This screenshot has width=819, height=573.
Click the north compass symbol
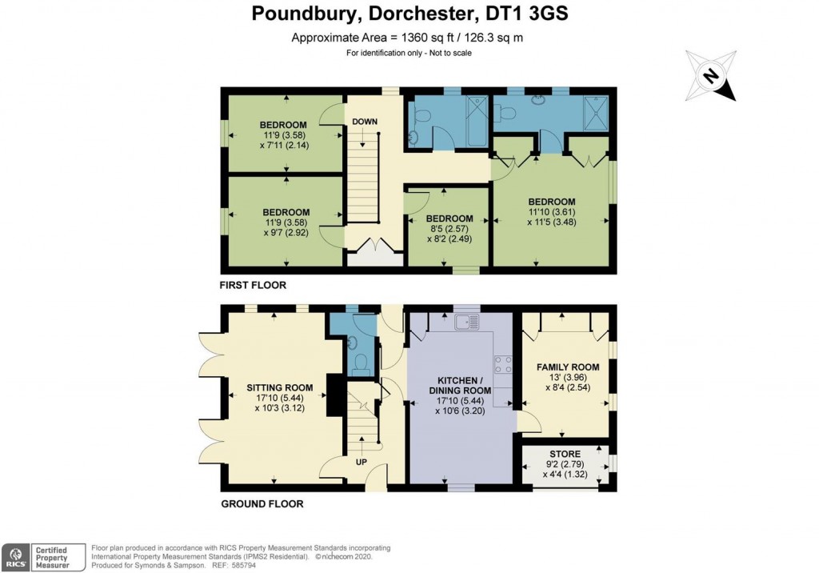pos(710,76)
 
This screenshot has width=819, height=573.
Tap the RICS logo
pos(15,555)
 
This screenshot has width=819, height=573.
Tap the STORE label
pos(565,455)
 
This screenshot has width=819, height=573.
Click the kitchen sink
pos(465,322)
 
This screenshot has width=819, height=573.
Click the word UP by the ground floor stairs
pos(361,462)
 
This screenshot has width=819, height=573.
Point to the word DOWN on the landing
pos(364,122)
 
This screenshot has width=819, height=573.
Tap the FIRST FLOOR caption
pos(253,285)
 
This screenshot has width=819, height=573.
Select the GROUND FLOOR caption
pos(261,504)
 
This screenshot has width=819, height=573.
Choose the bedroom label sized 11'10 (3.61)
pos(551,201)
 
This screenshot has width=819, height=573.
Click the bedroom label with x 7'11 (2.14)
pos(283,125)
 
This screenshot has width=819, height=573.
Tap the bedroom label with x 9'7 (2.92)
pos(286,212)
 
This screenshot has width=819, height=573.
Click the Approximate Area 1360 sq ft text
pos(408,38)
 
